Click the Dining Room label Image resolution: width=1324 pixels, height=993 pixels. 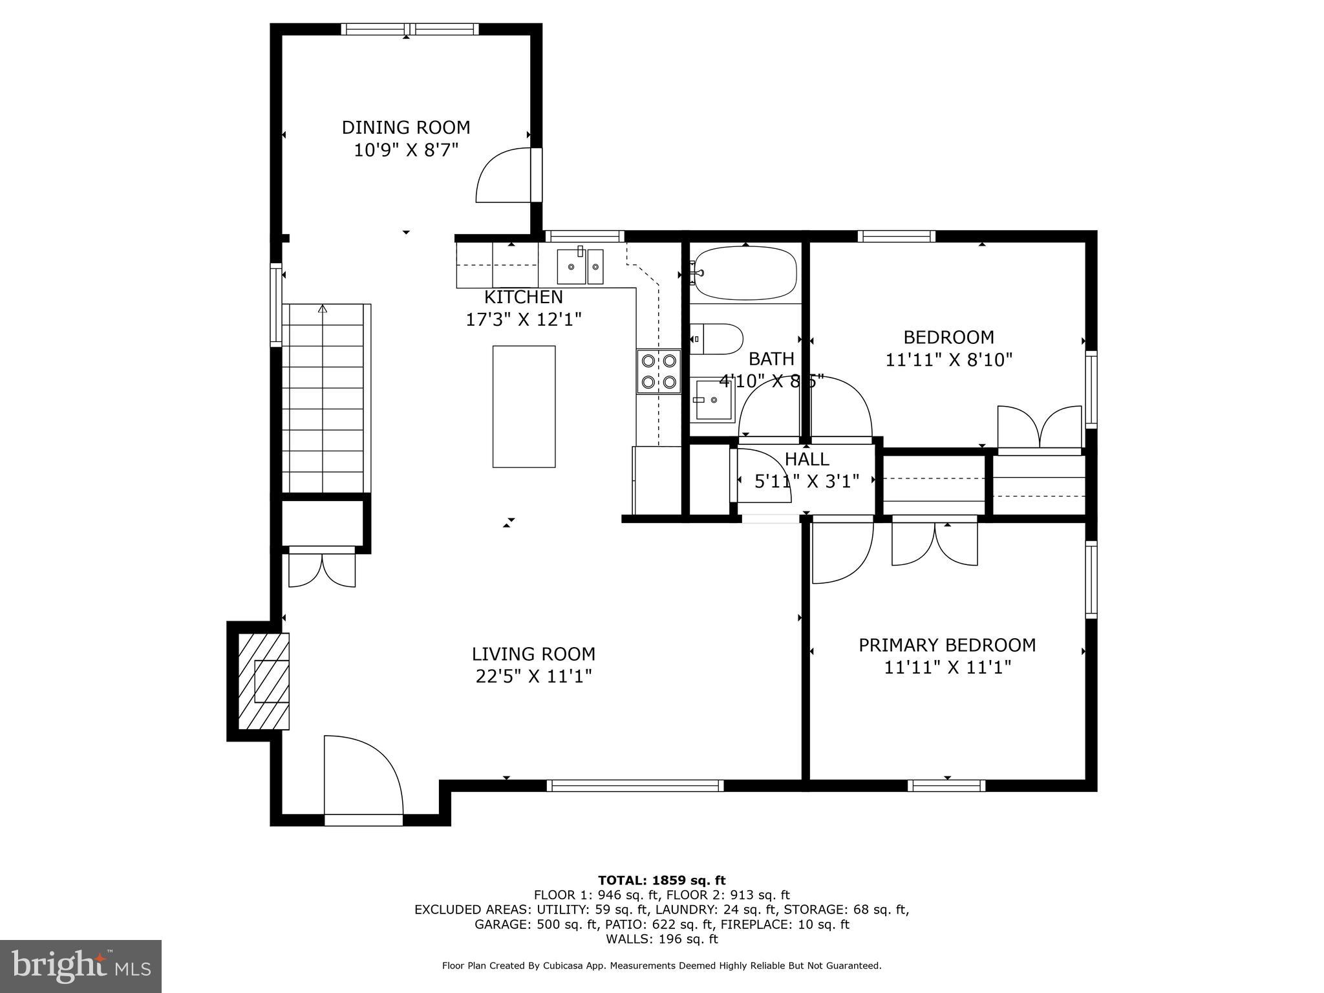pyautogui.click(x=405, y=127)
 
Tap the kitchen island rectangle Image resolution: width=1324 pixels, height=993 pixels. pyautogui.click(x=524, y=406)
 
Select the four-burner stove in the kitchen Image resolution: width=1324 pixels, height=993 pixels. pyautogui.click(x=659, y=372)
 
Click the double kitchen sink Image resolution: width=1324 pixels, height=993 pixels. pyautogui.click(x=580, y=266)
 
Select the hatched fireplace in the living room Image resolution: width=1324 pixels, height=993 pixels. pyautogui.click(x=263, y=681)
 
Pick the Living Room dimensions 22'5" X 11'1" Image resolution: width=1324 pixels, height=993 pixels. pyautogui.click(x=533, y=676)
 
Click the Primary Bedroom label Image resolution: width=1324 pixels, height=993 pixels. pyautogui.click(x=946, y=645)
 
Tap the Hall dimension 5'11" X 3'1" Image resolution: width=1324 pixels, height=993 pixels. pyautogui.click(x=806, y=481)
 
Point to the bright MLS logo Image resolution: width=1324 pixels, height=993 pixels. pyautogui.click(x=80, y=966)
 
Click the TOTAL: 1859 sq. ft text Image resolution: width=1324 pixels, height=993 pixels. pyautogui.click(x=661, y=880)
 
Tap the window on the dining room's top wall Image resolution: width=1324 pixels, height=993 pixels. pyautogui.click(x=410, y=29)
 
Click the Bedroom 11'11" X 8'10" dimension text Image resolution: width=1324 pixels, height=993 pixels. pyautogui.click(x=948, y=359)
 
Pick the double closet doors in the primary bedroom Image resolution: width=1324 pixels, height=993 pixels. pyautogui.click(x=934, y=544)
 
